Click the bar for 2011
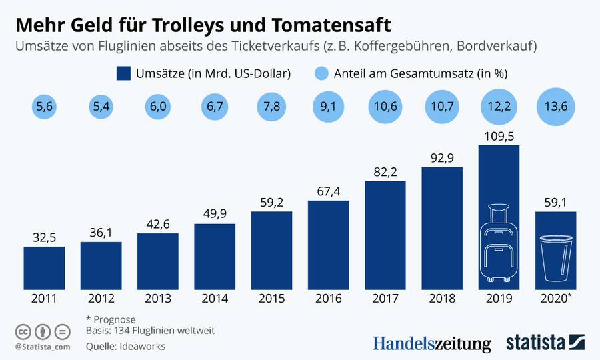[44, 267]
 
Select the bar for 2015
[271, 250]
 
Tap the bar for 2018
[442, 227]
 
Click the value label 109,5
[499, 136]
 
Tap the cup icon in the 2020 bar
[556, 257]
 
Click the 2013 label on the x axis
[158, 299]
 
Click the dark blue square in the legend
[123, 73]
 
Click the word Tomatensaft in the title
[330, 25]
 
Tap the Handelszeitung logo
[432, 344]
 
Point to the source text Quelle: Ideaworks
[125, 347]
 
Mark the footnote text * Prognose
[111, 319]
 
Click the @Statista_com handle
[42, 347]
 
